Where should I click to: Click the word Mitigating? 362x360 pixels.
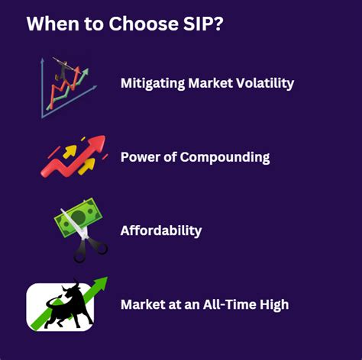(x=152, y=84)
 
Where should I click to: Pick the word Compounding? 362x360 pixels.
(x=225, y=157)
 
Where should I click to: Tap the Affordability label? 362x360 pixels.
(x=160, y=230)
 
